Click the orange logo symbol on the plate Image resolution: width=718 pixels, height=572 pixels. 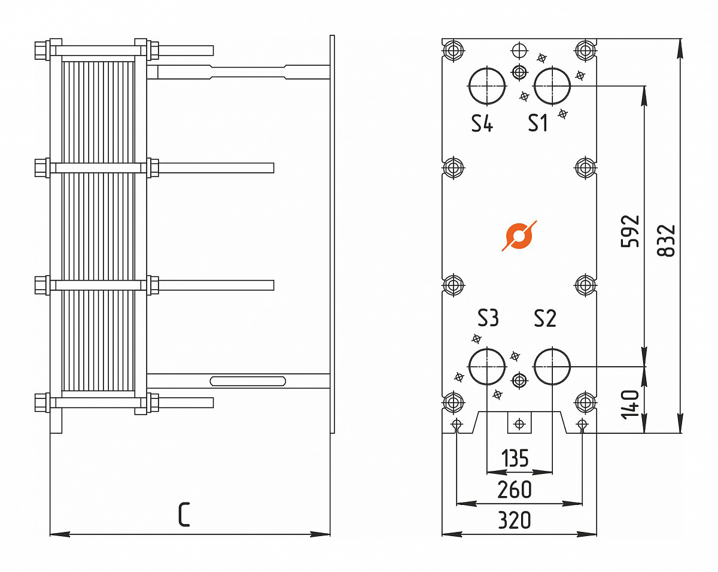click(519, 236)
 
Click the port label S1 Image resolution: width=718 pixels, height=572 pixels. click(538, 123)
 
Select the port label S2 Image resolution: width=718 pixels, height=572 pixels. click(545, 318)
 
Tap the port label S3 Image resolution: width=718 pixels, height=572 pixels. click(488, 318)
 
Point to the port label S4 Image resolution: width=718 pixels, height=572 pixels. click(482, 123)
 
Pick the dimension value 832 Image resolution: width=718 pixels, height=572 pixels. click(666, 241)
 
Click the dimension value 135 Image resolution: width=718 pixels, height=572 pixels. click(515, 458)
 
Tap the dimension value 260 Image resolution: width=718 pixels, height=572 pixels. click(515, 489)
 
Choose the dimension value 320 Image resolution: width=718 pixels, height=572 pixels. click(515, 521)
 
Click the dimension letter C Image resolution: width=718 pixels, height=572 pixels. click(184, 515)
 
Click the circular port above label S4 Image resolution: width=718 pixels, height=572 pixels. click(487, 86)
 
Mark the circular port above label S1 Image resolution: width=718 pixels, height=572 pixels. click(552, 86)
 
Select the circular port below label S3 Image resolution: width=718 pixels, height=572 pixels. click(487, 366)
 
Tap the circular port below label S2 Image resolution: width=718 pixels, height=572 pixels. click(552, 366)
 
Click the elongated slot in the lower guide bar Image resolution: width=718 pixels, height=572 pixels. click(248, 381)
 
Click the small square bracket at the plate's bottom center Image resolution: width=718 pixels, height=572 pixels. click(519, 423)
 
